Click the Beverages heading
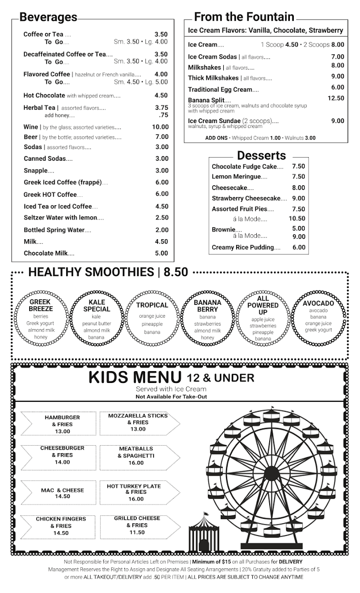click(48, 17)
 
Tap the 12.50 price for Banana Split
click(336, 98)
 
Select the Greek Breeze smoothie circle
click(41, 319)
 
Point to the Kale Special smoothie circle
click(97, 319)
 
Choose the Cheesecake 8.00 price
click(298, 188)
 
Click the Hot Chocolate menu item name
click(44, 95)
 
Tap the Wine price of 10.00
click(160, 127)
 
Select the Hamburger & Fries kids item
click(62, 424)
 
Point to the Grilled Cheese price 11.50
click(137, 532)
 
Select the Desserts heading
click(261, 156)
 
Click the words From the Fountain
click(244, 17)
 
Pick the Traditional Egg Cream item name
click(220, 89)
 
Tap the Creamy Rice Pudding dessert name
click(242, 248)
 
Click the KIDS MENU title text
click(134, 377)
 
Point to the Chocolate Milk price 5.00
click(161, 253)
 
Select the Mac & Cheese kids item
click(62, 493)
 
